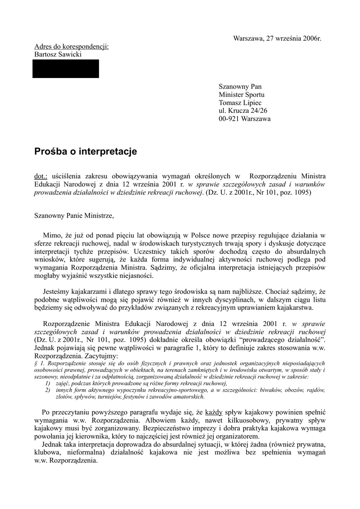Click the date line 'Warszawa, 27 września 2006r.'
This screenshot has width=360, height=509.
point(277,38)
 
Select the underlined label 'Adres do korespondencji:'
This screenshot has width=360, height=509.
point(71,46)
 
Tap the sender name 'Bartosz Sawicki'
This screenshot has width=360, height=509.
point(58,54)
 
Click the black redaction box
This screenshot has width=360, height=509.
point(66,69)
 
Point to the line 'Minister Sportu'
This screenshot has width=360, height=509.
point(242,94)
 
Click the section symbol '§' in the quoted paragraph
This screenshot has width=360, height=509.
point(36,364)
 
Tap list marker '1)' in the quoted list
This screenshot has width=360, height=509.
point(47,383)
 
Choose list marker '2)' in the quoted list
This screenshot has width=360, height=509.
point(47,390)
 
